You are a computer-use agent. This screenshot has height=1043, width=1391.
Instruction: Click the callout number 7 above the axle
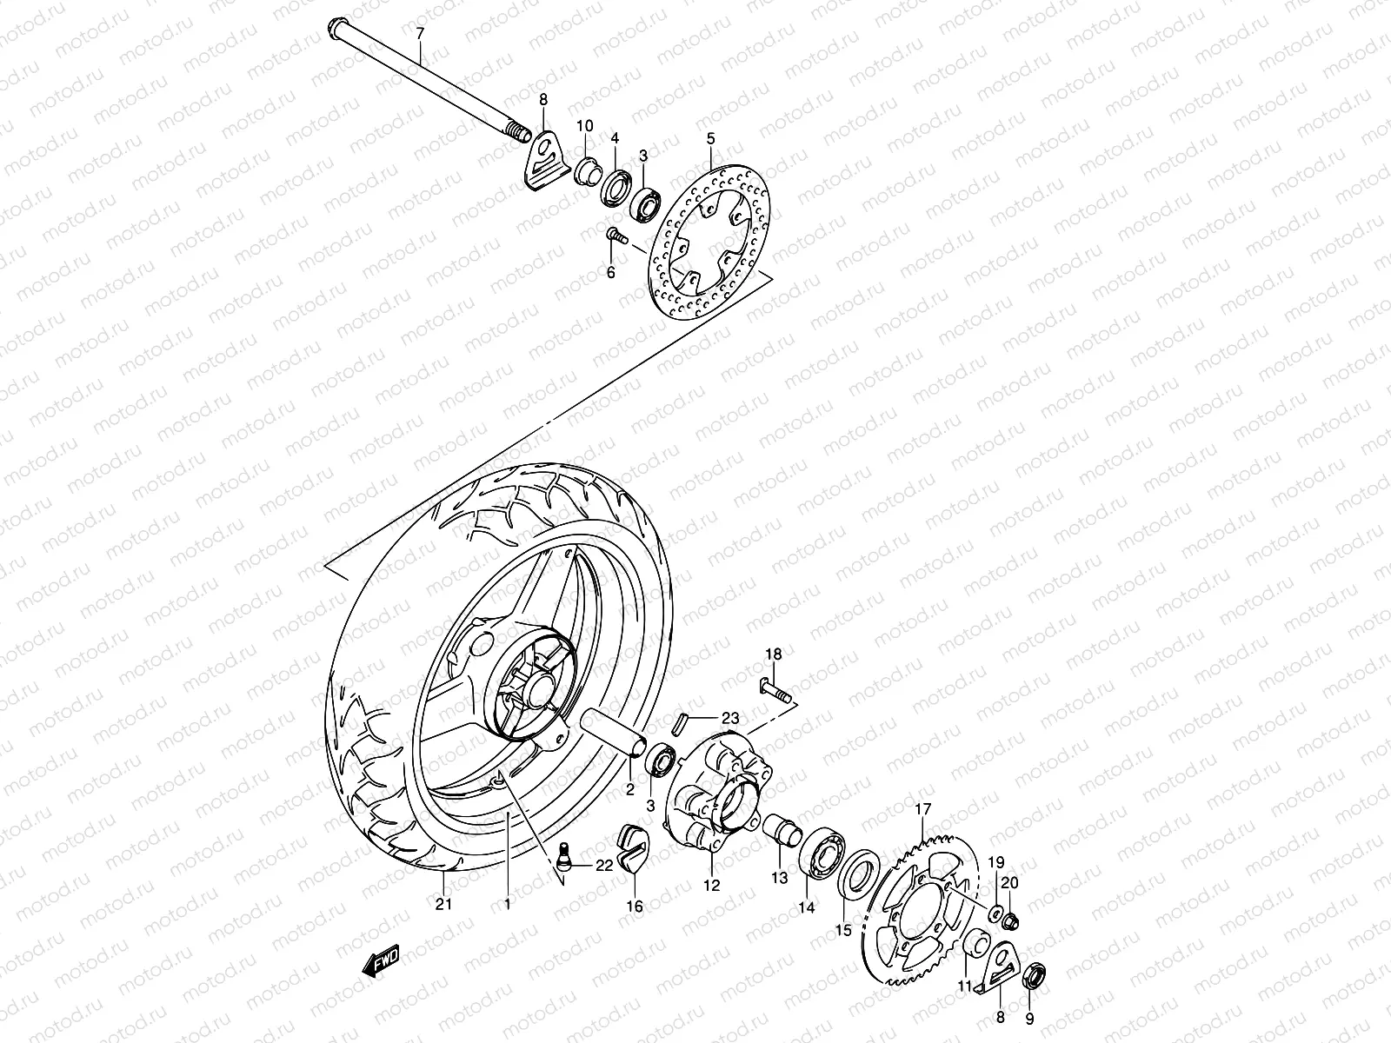click(x=420, y=33)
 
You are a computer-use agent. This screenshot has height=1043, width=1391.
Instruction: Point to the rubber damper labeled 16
click(x=632, y=848)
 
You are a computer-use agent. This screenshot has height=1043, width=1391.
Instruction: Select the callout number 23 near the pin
click(x=730, y=718)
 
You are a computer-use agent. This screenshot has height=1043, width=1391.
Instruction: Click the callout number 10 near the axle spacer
click(x=585, y=126)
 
